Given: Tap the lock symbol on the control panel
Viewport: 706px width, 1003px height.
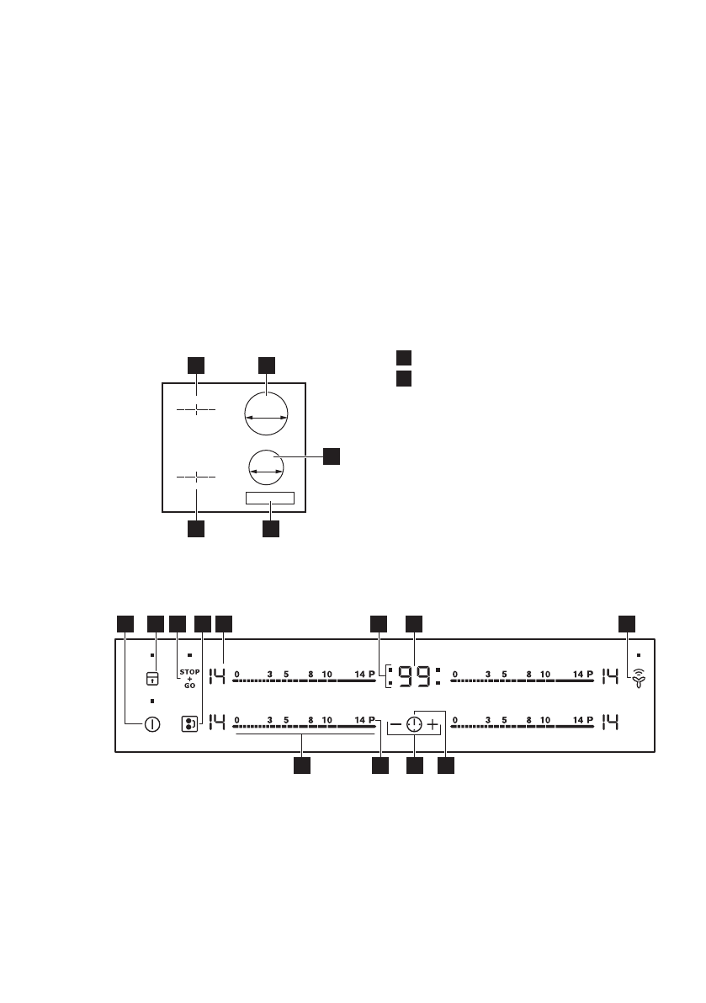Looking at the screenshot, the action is click(152, 679).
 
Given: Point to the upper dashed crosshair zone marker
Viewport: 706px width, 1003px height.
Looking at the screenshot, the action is click(196, 409).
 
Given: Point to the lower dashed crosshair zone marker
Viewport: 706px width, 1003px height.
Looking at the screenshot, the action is click(196, 477).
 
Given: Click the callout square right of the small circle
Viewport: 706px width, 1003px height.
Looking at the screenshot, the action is click(332, 456).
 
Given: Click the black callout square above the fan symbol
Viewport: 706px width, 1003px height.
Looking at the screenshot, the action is click(627, 623).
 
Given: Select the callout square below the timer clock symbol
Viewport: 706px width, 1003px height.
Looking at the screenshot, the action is click(414, 766).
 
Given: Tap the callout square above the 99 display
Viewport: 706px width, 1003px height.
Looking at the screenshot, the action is click(414, 623).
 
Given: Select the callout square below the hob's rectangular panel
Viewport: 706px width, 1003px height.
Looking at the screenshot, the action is click(270, 529).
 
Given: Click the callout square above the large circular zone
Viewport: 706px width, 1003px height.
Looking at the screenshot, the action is click(266, 364).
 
